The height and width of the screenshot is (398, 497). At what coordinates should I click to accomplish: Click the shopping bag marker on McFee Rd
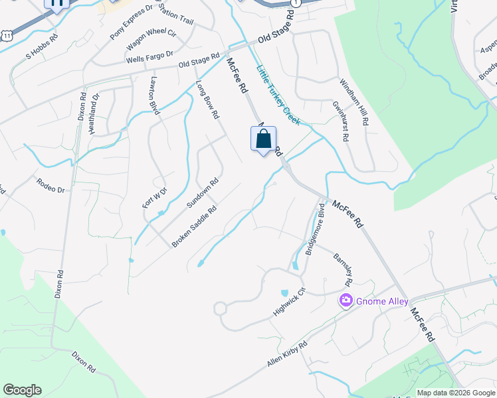point(264,140)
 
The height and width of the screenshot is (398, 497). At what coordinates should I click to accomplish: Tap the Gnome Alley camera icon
point(346,301)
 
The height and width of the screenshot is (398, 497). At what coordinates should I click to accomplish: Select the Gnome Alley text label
point(382,301)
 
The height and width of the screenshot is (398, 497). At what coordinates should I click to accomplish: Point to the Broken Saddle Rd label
point(194,228)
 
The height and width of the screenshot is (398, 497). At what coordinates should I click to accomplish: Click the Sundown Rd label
point(203,194)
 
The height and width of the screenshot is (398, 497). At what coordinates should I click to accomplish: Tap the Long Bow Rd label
point(207,100)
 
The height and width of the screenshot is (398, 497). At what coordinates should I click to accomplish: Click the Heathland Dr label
point(96,105)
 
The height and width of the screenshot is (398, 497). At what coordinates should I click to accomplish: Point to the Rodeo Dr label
point(50,185)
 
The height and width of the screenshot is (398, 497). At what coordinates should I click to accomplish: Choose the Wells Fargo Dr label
point(149,57)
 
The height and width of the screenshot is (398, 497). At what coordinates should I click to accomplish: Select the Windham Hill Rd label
point(354,103)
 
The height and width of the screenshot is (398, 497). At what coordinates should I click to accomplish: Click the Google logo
point(22,390)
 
